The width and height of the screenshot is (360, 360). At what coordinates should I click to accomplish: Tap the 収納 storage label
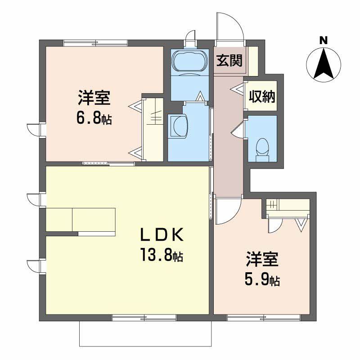262,96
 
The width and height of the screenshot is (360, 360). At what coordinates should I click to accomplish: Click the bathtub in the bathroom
189,61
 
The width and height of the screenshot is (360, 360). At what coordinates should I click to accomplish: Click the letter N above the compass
323,40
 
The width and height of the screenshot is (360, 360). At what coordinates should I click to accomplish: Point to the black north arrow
323,63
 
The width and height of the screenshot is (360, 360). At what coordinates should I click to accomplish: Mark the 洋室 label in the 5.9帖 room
262,261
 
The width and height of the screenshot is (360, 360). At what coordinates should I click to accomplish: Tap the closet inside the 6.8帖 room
152,128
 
